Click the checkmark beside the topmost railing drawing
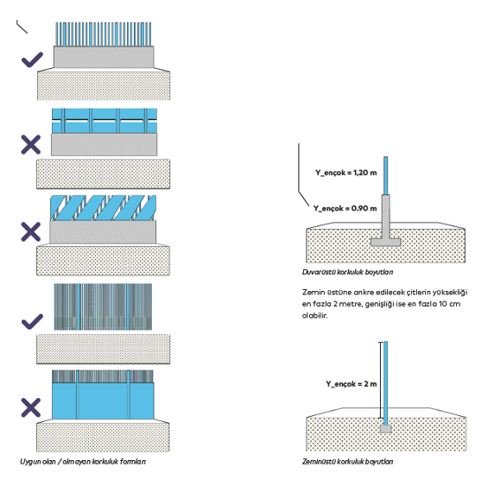(32, 60)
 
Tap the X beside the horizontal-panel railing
(31, 145)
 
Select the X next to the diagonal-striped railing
(31, 232)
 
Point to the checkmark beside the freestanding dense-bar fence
(32, 321)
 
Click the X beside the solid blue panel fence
(31, 407)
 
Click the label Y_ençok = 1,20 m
(345, 173)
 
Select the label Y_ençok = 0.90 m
(345, 208)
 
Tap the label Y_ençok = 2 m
(351, 384)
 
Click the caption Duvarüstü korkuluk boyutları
(347, 272)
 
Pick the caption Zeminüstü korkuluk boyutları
(347, 462)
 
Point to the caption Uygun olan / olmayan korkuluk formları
(83, 462)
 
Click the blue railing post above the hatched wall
(385, 175)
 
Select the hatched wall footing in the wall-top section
(385, 220)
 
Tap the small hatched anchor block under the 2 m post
(385, 429)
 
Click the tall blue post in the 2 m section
(385, 383)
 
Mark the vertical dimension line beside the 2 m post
(380, 380)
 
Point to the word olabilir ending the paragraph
(314, 315)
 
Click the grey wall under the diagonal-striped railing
(103, 232)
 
